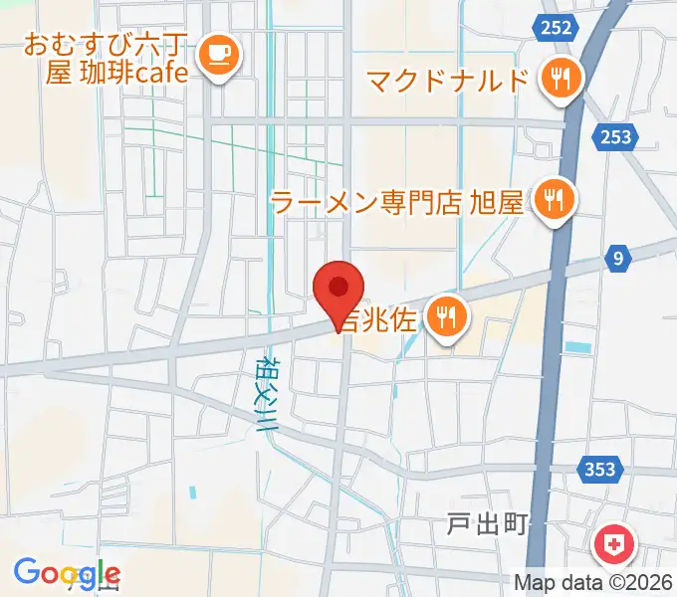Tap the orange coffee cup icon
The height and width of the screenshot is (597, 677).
pyautogui.click(x=218, y=54)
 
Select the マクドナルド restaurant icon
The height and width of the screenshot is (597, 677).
pyautogui.click(x=561, y=79)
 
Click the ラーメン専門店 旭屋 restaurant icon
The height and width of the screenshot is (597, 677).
pyautogui.click(x=551, y=202)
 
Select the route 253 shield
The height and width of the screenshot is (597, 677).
pyautogui.click(x=616, y=137)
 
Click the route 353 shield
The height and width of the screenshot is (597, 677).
pyautogui.click(x=600, y=469)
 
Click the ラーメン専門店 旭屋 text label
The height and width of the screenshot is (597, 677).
pyautogui.click(x=397, y=203)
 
